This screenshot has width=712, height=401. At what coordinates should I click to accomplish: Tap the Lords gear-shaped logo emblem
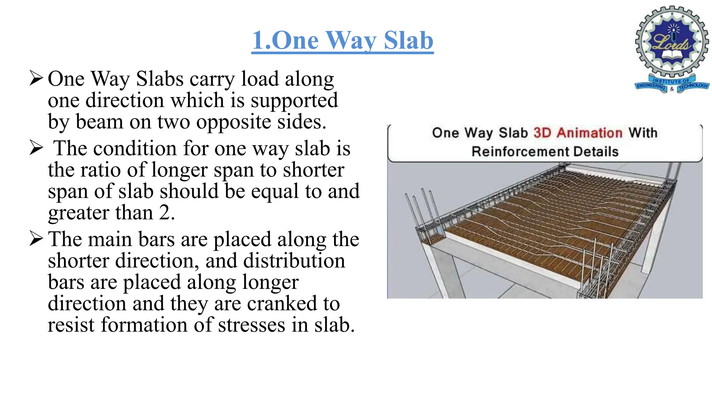click(x=672, y=42)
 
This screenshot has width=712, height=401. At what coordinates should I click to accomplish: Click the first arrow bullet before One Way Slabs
click(x=36, y=78)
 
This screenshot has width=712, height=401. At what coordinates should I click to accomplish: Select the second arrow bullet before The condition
click(x=36, y=148)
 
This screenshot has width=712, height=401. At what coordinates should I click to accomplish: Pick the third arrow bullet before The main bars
click(x=36, y=238)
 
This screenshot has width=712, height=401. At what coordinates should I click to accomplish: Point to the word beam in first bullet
click(x=99, y=122)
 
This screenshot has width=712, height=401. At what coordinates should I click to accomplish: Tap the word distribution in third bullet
click(x=294, y=260)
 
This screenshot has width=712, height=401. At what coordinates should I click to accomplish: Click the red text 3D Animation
click(x=578, y=133)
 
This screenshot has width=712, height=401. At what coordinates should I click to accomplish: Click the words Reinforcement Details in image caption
click(x=545, y=152)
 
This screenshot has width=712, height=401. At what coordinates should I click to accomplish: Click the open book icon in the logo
click(x=672, y=55)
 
